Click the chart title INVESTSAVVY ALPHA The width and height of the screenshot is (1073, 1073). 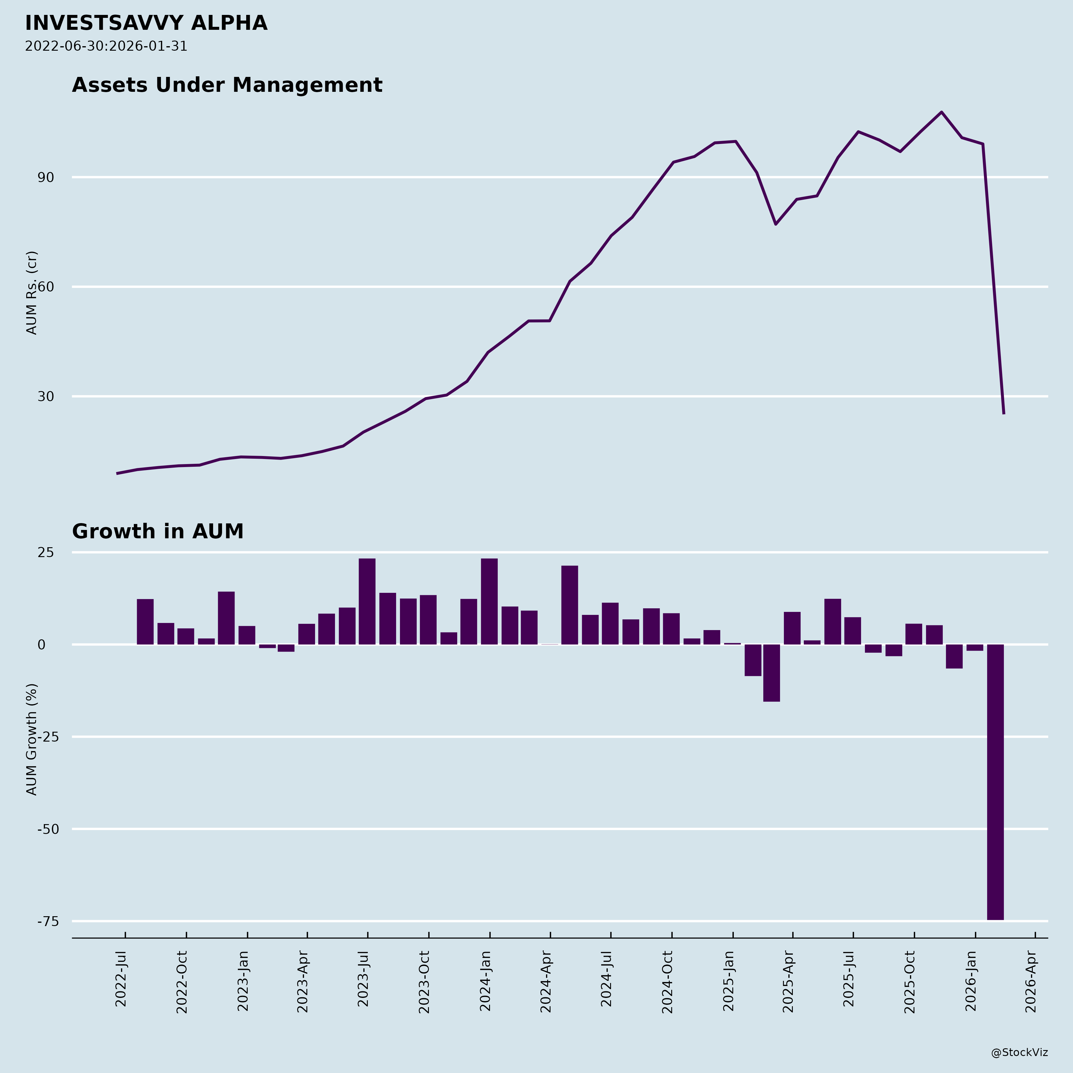pos(146,23)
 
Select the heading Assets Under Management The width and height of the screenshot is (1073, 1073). pos(227,85)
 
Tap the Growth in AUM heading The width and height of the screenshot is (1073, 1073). pos(158,531)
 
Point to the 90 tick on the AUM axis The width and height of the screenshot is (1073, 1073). pos(46,178)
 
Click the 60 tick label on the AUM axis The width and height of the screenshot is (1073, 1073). pos(46,287)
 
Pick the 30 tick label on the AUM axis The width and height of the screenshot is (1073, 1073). pos(46,396)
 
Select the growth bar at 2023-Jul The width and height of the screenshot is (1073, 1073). pos(367,601)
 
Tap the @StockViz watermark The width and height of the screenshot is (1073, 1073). pos(1020,1052)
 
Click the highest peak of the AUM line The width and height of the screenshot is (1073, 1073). pos(941,112)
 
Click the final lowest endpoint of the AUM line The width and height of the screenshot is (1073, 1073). pos(1004,413)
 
